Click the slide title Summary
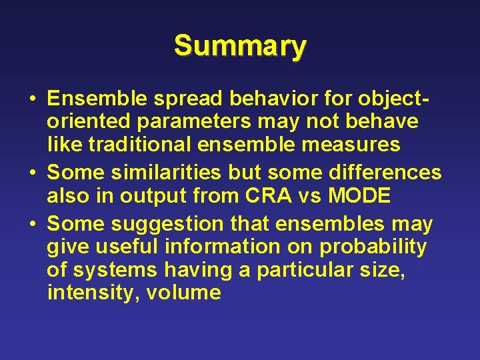(240, 46)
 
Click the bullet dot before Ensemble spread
(33, 100)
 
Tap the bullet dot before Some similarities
(33, 173)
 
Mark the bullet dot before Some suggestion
(33, 225)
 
